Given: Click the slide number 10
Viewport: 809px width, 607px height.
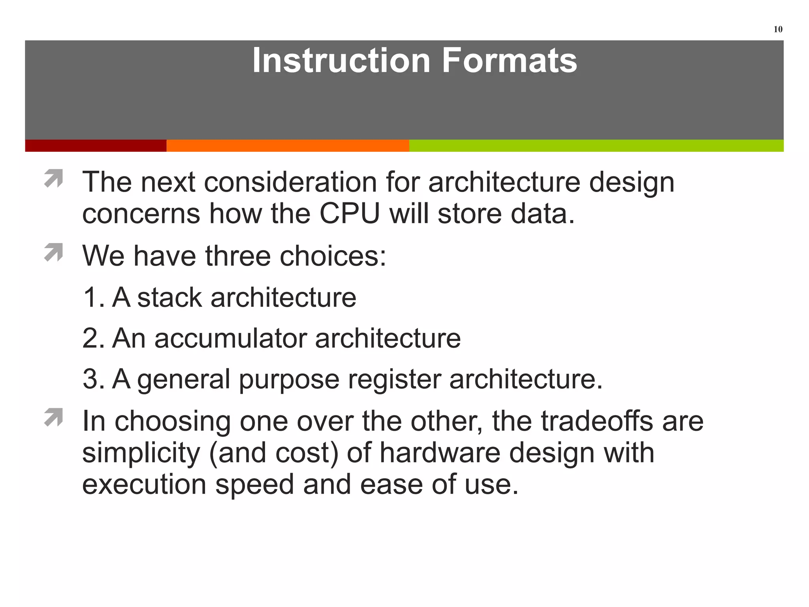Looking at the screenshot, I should tap(777, 29).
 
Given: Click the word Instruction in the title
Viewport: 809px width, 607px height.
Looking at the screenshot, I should tap(341, 60).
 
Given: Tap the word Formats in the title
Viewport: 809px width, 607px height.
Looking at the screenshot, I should tap(509, 60).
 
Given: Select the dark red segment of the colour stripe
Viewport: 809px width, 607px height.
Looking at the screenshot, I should tap(96, 145).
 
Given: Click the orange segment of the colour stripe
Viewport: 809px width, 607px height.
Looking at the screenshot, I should tap(288, 145).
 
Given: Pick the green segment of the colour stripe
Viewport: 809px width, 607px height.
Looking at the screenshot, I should tap(596, 145).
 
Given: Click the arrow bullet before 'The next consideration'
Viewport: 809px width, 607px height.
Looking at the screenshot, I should tap(54, 178).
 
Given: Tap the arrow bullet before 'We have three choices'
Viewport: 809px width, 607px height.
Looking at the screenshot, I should tap(54, 252).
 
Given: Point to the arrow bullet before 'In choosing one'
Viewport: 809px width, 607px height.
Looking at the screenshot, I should tap(54, 417).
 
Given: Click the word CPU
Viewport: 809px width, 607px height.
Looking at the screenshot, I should tap(349, 214).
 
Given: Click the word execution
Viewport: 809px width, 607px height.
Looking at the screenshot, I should tap(144, 484).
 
